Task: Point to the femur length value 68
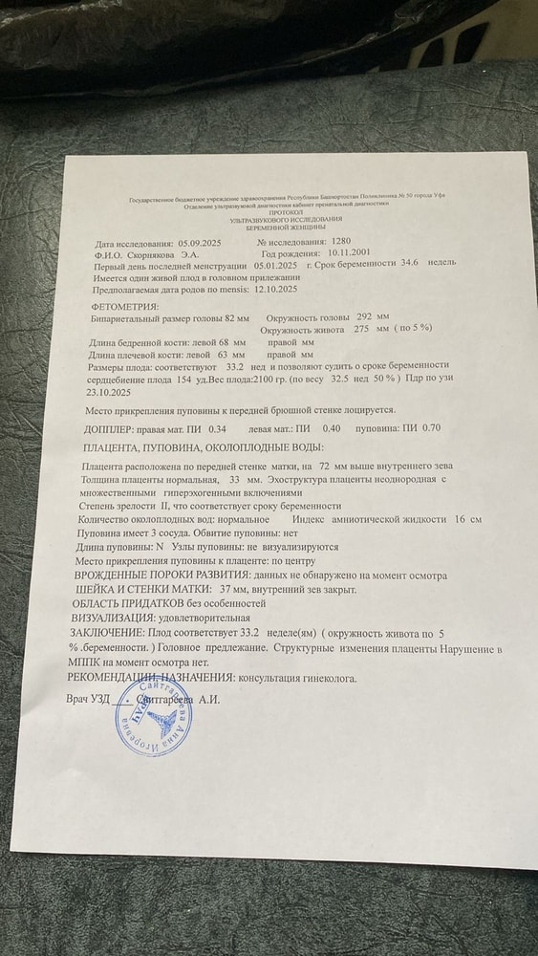(225, 341)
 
